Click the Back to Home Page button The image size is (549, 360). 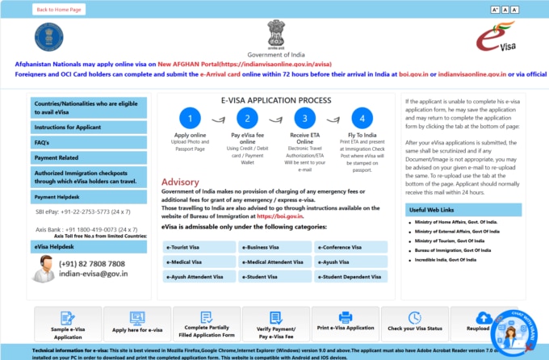(x=59, y=10)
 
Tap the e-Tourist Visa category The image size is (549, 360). (x=198, y=247)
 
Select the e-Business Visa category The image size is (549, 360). (x=274, y=247)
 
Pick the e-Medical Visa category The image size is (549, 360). (x=198, y=262)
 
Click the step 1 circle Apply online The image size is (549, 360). (x=191, y=118)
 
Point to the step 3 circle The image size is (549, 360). (x=305, y=118)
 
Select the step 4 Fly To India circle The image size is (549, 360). (x=362, y=118)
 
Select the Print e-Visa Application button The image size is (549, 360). (x=345, y=321)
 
